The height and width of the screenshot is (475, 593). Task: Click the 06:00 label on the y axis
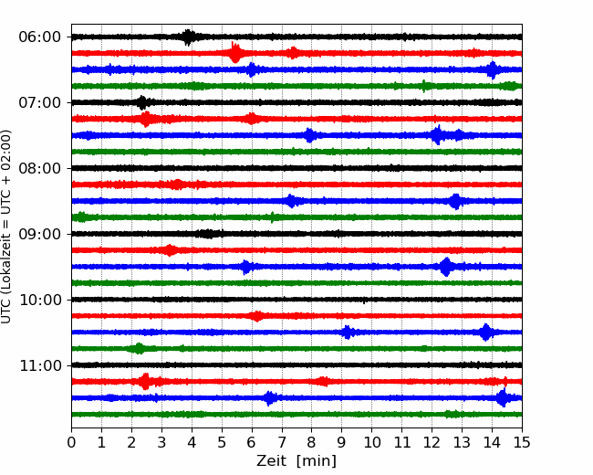[39, 37]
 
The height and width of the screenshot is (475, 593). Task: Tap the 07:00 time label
[39, 102]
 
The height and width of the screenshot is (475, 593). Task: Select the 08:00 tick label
[39, 168]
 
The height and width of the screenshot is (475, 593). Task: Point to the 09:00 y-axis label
[39, 234]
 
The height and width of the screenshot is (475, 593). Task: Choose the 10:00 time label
[39, 300]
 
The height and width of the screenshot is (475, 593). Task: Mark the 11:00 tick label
[39, 365]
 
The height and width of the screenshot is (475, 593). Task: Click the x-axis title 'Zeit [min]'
[296, 461]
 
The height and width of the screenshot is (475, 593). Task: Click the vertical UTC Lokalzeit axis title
[6, 227]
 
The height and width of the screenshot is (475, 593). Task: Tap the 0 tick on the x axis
[71, 442]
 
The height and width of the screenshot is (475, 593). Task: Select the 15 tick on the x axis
[522, 442]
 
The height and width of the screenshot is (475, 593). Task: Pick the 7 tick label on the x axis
[282, 442]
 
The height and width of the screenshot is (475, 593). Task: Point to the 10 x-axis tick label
[371, 442]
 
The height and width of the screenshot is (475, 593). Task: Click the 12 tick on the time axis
[432, 442]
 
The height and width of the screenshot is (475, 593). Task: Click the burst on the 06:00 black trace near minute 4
[188, 37]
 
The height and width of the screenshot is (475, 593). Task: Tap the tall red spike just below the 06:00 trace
[234, 52]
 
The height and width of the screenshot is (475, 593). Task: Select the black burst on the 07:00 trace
[142, 102]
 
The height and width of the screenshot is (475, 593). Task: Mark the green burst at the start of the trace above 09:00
[80, 217]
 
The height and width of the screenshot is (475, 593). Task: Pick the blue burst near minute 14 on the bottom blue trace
[504, 397]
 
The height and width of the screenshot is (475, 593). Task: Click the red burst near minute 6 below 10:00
[257, 316]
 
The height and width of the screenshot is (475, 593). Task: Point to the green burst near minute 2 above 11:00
[140, 348]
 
